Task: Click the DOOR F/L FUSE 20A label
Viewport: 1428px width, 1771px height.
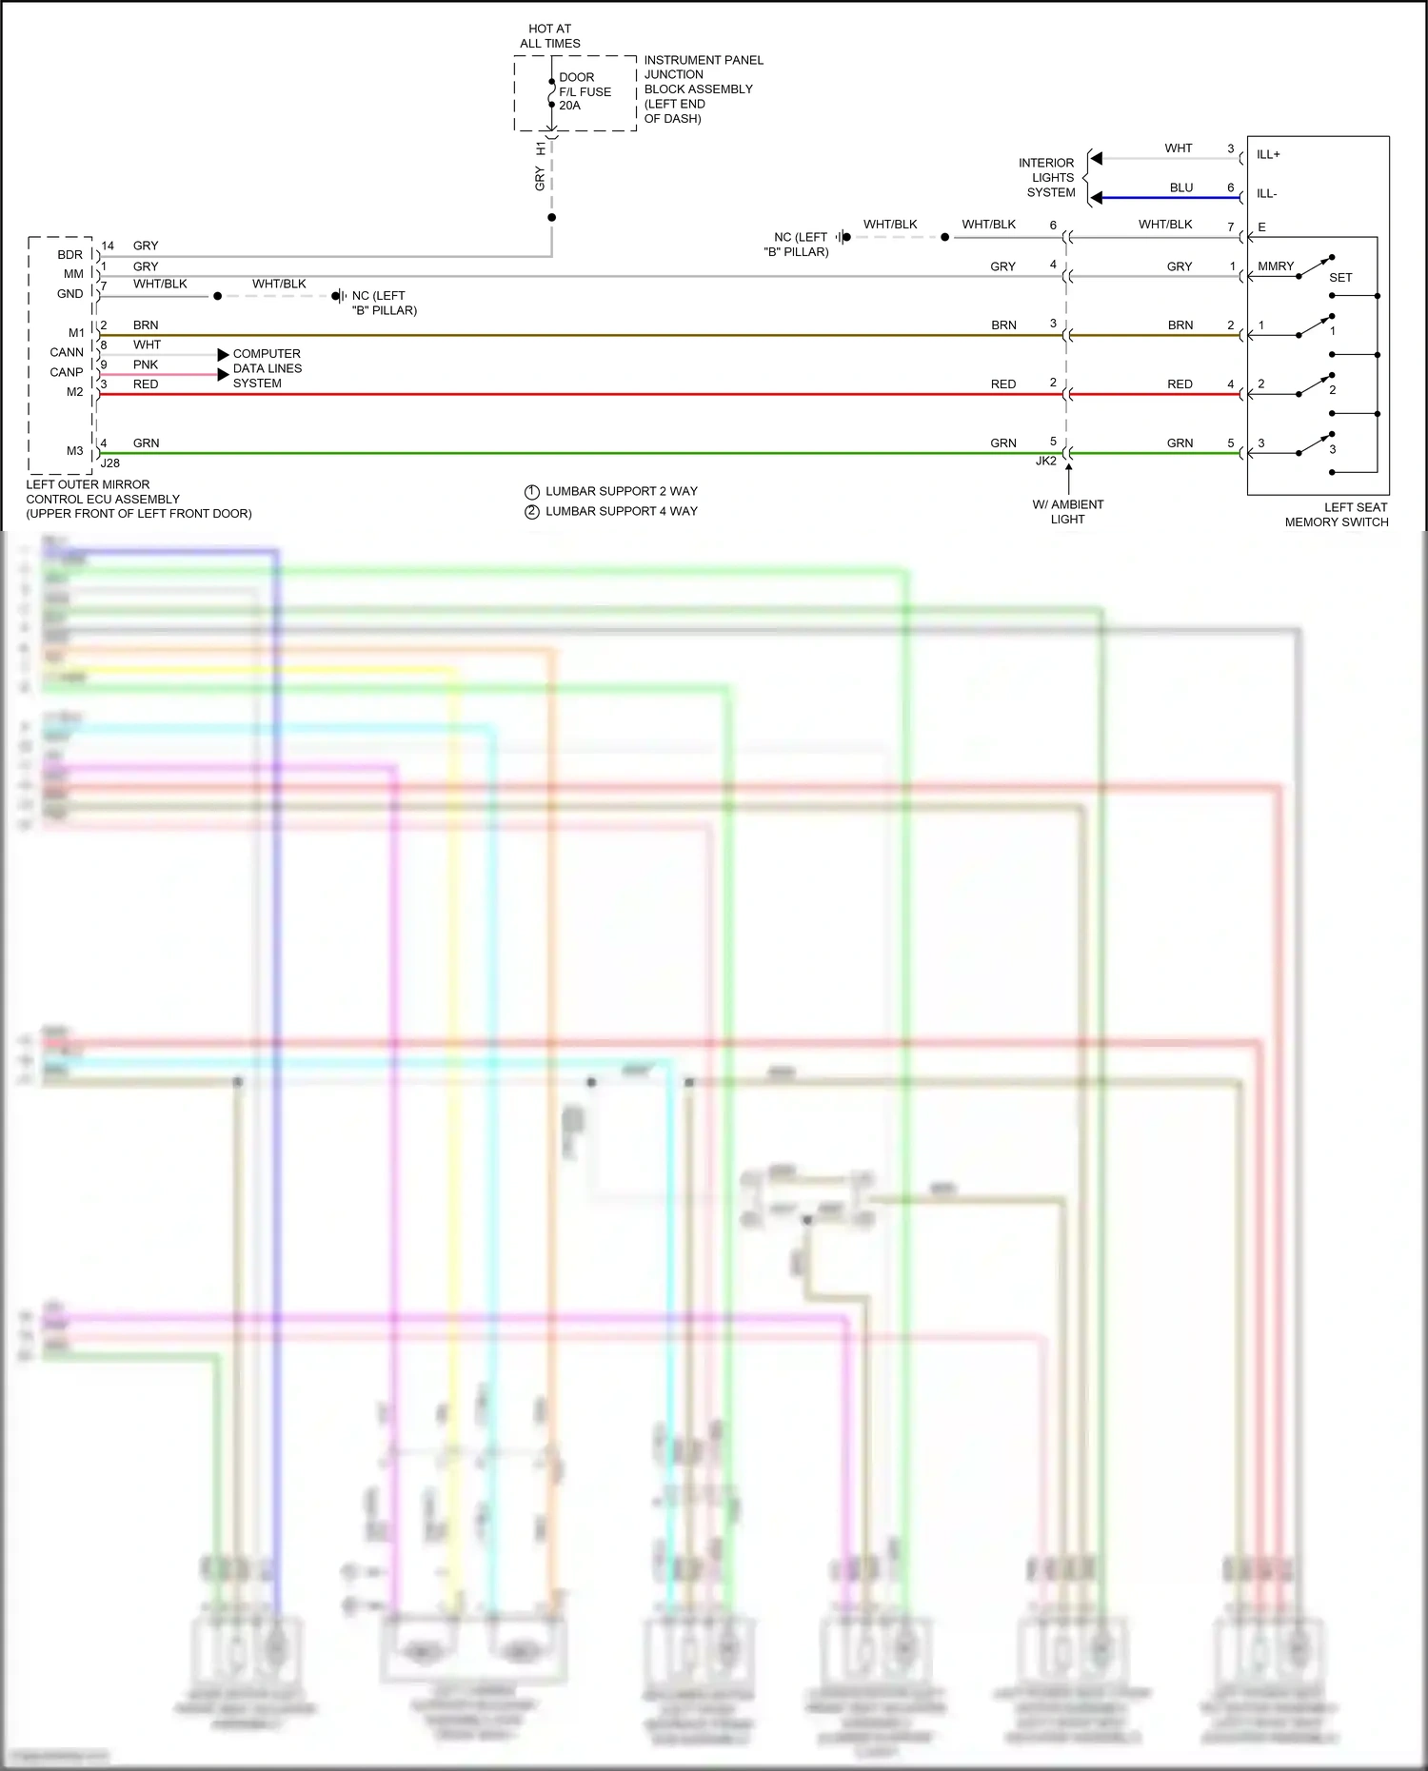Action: (x=584, y=91)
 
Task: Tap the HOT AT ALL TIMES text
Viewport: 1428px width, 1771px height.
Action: (x=549, y=36)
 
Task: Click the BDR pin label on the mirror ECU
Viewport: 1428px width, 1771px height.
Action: (x=69, y=255)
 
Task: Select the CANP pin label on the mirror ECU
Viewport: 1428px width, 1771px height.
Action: (x=67, y=372)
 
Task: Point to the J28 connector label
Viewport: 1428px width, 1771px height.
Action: (x=110, y=463)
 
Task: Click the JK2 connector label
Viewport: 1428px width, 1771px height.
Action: (x=1045, y=461)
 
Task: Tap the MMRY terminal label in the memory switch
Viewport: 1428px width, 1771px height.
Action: (x=1275, y=266)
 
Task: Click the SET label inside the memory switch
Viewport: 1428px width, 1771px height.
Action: (x=1340, y=278)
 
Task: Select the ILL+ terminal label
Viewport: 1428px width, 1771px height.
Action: (x=1268, y=154)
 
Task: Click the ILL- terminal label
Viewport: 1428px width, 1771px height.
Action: (x=1266, y=194)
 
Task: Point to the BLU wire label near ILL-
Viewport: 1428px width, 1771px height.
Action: (x=1180, y=187)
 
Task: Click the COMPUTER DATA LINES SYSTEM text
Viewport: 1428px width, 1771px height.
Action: (x=267, y=368)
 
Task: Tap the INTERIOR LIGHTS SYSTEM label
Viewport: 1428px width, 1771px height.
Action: (x=1048, y=178)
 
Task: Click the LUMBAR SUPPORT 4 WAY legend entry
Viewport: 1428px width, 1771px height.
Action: (x=621, y=511)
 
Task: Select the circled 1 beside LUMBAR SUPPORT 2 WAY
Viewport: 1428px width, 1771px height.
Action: (x=532, y=492)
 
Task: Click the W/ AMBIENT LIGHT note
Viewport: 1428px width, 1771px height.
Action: (x=1067, y=512)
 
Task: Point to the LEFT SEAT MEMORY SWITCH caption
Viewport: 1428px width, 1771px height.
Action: (x=1337, y=515)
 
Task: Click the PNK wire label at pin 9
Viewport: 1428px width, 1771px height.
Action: (x=146, y=364)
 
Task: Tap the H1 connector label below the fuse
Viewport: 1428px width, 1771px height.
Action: (x=541, y=148)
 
